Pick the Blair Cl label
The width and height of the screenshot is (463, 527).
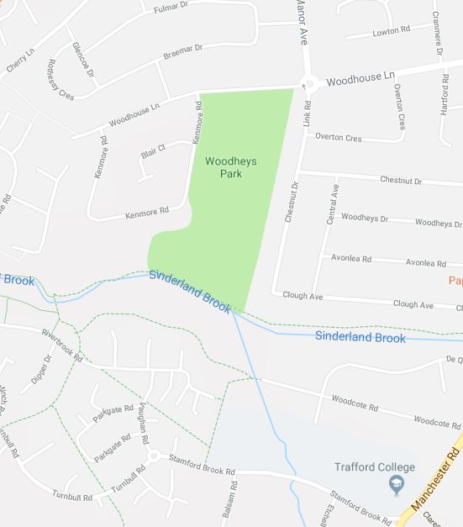click(153, 150)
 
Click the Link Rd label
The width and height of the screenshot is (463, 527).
click(308, 115)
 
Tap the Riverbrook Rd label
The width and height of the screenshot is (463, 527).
click(63, 345)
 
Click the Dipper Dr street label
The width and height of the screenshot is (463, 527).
click(41, 370)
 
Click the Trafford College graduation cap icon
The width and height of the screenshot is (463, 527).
click(394, 484)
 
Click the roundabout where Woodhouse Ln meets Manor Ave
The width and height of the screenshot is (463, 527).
click(308, 82)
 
